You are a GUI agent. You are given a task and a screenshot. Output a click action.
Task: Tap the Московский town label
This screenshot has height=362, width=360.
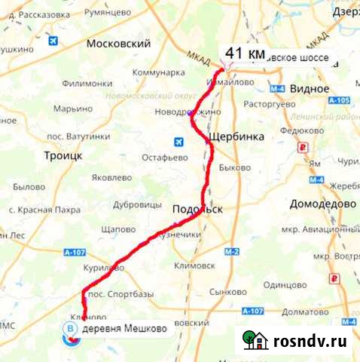pos(119,44)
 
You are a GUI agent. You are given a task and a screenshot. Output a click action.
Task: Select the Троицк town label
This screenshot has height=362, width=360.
pos(63,155)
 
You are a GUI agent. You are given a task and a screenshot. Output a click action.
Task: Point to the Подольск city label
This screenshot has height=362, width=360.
pos(198,210)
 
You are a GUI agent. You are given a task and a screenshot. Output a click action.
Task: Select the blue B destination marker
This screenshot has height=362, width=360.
pos(71,330)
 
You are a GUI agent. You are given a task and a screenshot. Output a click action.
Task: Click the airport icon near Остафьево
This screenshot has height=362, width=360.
pos(178,141)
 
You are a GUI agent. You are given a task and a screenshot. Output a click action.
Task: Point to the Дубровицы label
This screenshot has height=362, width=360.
pos(138,204)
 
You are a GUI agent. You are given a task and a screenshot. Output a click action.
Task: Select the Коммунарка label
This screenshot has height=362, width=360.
pos(158,72)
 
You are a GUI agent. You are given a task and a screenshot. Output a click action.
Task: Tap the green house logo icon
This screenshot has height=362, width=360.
pos(256,340)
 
